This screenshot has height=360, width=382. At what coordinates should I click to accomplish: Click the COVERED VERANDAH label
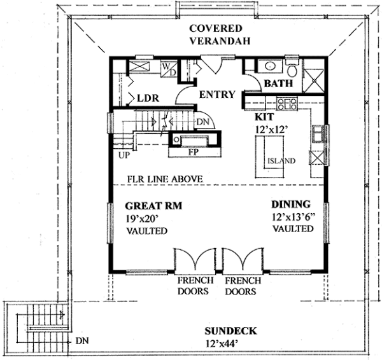point(220,34)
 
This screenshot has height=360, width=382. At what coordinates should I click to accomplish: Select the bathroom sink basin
point(270,66)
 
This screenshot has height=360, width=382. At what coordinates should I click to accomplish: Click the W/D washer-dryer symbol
point(169,69)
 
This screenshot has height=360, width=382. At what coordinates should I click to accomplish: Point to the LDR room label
point(148,98)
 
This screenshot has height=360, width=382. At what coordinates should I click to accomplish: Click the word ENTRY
point(217,94)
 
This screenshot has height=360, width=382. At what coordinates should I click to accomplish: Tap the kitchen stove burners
point(287,104)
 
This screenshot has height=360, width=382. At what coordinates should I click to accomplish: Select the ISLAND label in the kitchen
point(281,161)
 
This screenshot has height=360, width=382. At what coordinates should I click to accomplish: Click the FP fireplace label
point(194,152)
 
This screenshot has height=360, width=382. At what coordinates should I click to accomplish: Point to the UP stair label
point(124,155)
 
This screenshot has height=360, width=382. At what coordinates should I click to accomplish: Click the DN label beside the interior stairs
point(203,122)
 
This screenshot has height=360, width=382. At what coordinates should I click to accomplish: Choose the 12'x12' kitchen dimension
point(270,129)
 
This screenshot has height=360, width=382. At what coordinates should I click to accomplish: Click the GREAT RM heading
point(153,206)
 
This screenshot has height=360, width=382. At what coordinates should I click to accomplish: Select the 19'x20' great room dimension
point(142,218)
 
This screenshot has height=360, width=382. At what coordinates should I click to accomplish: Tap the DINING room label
point(291,204)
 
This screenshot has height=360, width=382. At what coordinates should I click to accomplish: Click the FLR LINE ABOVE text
point(165,179)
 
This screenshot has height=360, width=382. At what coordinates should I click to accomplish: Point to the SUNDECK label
point(230,331)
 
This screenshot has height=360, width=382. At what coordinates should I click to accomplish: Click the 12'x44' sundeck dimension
point(222,343)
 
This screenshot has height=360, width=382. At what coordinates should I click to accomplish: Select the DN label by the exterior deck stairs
point(82,340)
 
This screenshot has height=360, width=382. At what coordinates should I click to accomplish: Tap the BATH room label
point(278,83)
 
